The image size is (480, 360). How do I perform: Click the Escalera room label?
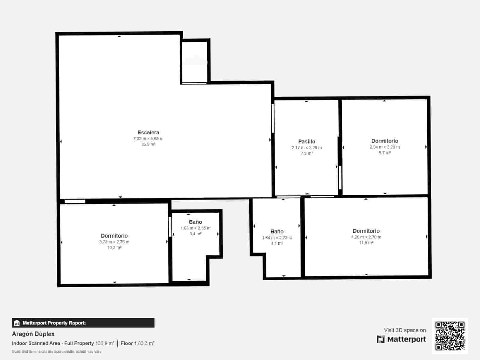(x=148, y=133)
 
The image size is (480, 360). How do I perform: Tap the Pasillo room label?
(x=307, y=142)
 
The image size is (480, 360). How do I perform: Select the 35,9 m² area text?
(x=148, y=144)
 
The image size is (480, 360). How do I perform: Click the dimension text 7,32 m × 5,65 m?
(x=148, y=139)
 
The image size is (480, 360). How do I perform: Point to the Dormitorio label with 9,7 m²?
(x=385, y=141)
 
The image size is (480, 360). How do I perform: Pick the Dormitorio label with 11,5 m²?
(x=366, y=231)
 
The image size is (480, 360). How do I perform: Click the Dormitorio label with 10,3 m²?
(x=114, y=236)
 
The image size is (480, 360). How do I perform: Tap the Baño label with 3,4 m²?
(x=195, y=222)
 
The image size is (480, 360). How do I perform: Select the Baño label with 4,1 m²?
(x=277, y=232)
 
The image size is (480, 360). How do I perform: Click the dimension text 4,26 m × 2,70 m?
(x=366, y=237)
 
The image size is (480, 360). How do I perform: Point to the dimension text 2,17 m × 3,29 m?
(x=307, y=148)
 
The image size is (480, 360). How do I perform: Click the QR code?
(x=450, y=336)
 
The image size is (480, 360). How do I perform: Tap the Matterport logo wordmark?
(x=401, y=339)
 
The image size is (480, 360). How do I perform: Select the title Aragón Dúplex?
(x=33, y=334)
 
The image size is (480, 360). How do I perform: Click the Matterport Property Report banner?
(x=83, y=323)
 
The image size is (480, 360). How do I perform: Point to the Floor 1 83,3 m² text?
(x=137, y=343)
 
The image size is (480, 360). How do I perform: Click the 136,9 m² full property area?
(x=105, y=343)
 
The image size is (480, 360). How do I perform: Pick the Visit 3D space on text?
(x=405, y=330)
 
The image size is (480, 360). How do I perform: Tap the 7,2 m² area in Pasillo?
(x=307, y=153)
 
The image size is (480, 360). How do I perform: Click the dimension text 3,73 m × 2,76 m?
(x=114, y=242)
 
